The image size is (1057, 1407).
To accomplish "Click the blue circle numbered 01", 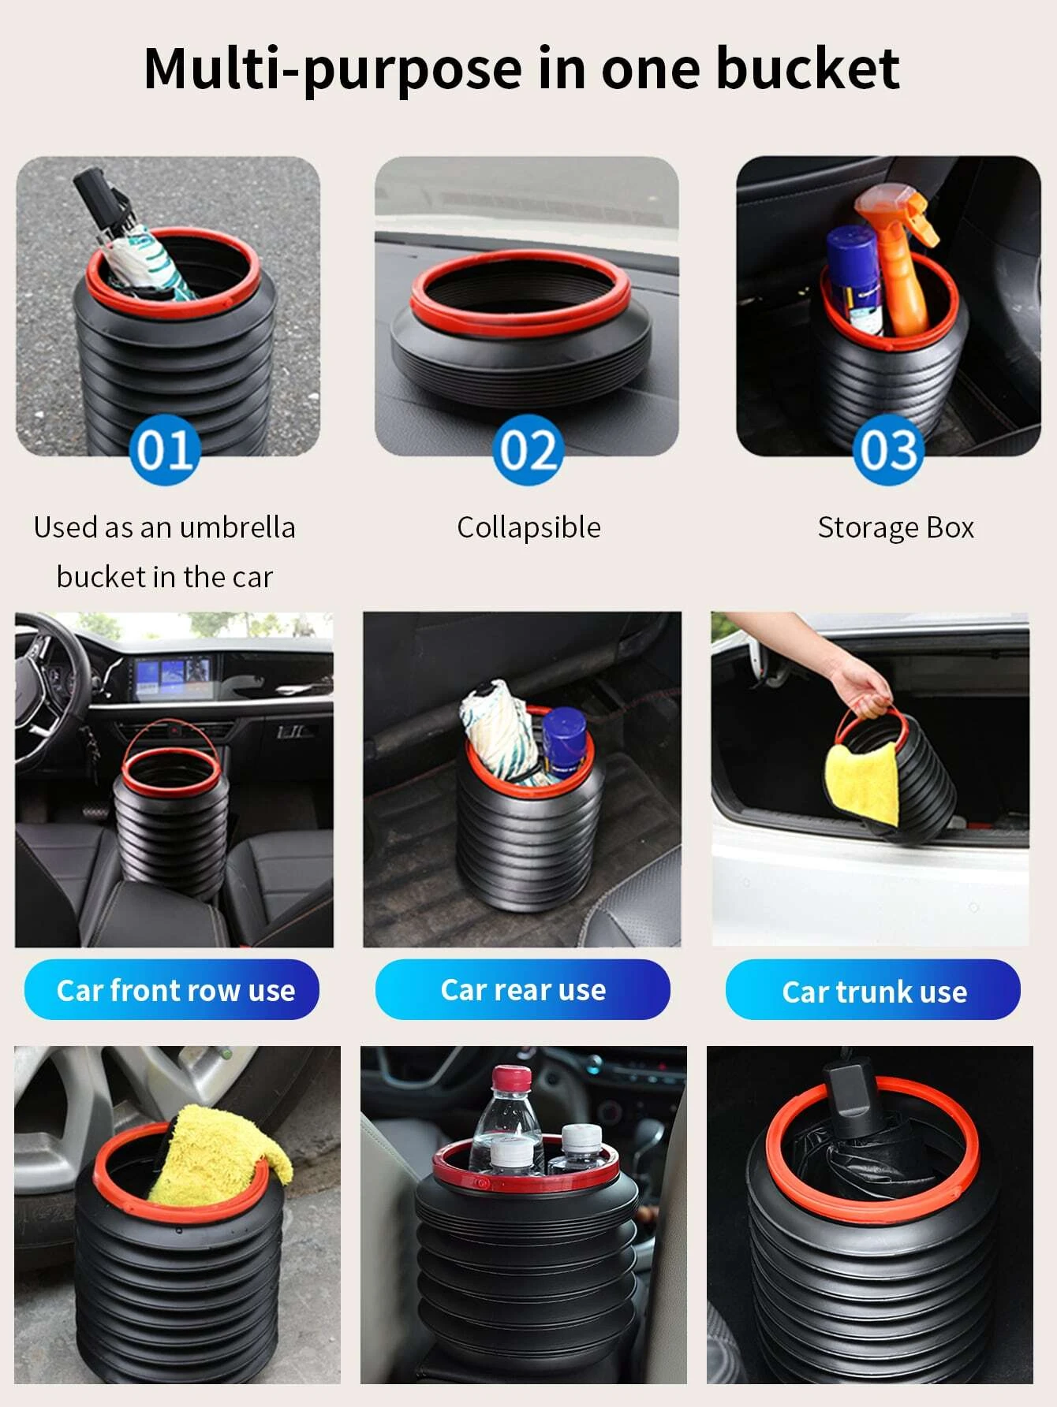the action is click(x=164, y=449).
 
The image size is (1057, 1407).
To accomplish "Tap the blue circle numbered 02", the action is click(x=528, y=449).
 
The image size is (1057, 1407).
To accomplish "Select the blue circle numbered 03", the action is click(x=889, y=449).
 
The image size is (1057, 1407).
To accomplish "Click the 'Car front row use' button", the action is click(x=172, y=989).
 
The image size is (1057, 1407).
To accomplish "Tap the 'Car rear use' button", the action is click(x=522, y=989).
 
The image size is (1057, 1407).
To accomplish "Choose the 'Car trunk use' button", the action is click(x=873, y=990).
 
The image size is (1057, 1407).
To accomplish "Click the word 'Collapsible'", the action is click(x=528, y=527).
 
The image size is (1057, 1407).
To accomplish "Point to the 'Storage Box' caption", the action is click(x=896, y=527).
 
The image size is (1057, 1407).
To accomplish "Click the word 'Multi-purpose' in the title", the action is click(x=333, y=69).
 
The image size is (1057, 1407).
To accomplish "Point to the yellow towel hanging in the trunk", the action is click(x=862, y=784).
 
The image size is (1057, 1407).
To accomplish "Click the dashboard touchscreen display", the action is click(x=173, y=677).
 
